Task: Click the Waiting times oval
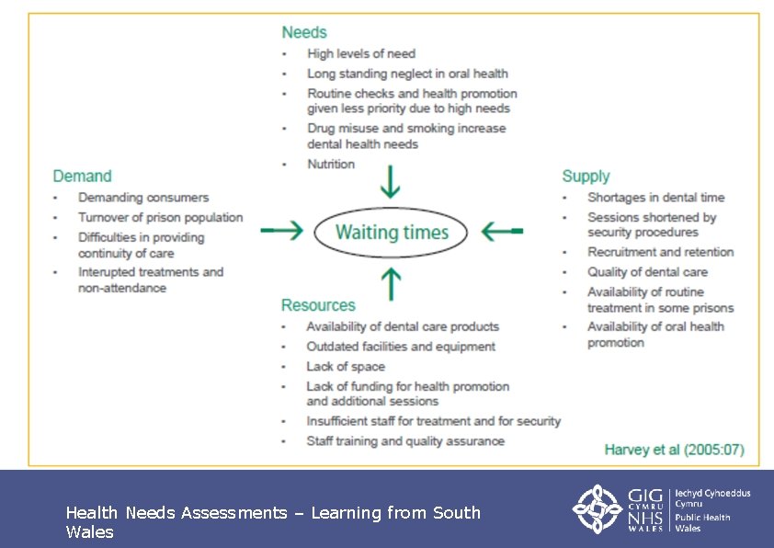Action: pyautogui.click(x=392, y=232)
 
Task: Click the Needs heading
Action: pyautogui.click(x=303, y=32)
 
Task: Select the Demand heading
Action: pyautogui.click(x=82, y=176)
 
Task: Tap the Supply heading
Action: pyautogui.click(x=586, y=176)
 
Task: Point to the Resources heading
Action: pyautogui.click(x=317, y=305)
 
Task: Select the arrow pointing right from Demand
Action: pyautogui.click(x=281, y=231)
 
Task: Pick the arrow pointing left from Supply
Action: pyautogui.click(x=502, y=231)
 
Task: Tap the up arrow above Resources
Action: pyautogui.click(x=392, y=281)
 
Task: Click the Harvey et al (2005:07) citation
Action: pyautogui.click(x=674, y=450)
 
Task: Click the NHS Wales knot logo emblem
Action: pyautogui.click(x=598, y=508)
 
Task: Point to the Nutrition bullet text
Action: pyautogui.click(x=331, y=164)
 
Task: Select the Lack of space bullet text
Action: pyautogui.click(x=345, y=366)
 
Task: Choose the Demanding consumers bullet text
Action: pyautogui.click(x=143, y=197)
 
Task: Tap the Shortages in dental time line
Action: pyautogui.click(x=655, y=197)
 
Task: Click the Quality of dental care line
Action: pyautogui.click(x=647, y=271)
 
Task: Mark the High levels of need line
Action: pyautogui.click(x=360, y=53)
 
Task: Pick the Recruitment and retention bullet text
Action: pyautogui.click(x=660, y=251)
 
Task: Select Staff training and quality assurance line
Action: pyautogui.click(x=404, y=440)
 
